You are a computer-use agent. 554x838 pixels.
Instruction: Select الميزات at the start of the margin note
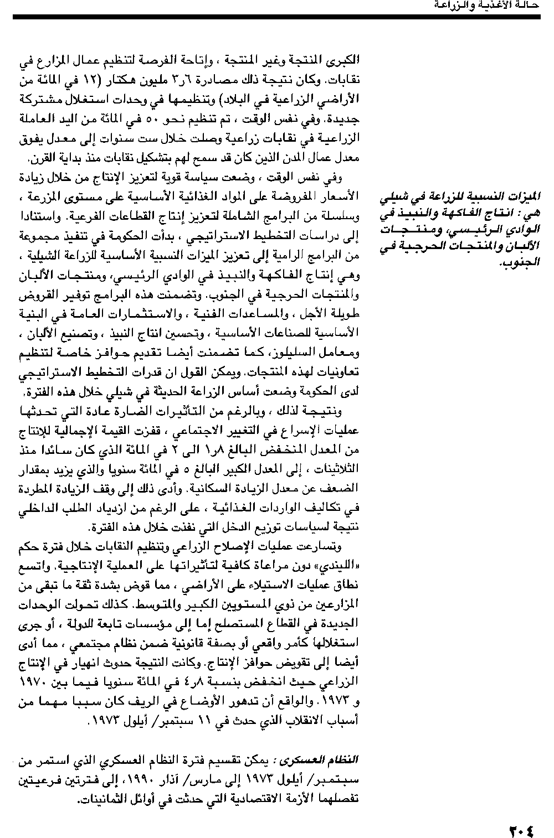(527, 195)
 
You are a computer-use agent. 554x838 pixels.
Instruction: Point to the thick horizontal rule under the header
(277, 17)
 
